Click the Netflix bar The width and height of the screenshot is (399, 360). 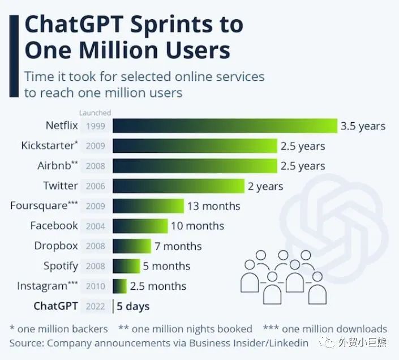pos(225,126)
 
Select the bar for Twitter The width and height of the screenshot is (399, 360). pos(178,186)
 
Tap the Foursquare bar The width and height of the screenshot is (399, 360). pos(148,206)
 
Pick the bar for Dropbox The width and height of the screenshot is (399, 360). pos(132,246)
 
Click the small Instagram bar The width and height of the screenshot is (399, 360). pos(120,286)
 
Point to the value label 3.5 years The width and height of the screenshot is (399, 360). pos(363,126)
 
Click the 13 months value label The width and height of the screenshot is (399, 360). pos(214,206)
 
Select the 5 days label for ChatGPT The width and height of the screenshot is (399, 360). pos(133,306)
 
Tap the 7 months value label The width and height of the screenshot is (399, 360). pos(178,246)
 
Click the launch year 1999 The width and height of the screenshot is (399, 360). pos(96,126)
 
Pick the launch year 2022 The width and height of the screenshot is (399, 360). pos(96,306)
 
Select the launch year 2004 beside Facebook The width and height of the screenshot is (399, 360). pos(96,226)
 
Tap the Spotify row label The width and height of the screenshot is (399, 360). pos(61,266)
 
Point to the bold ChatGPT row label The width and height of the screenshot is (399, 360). pos(55,306)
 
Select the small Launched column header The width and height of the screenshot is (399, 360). pos(95,113)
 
